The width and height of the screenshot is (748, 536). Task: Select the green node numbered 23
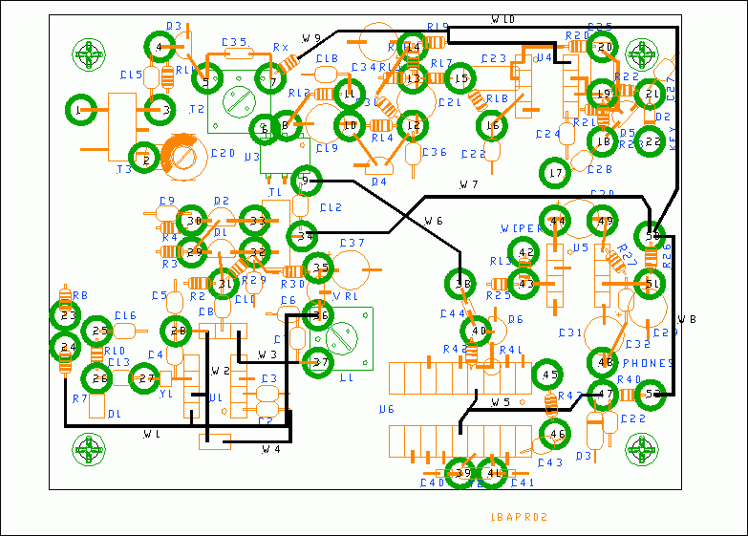66,315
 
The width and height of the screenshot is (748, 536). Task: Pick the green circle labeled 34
305,234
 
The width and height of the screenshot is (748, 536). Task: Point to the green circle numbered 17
556,173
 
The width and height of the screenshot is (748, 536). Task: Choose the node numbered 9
306,179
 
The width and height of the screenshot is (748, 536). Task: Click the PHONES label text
649,363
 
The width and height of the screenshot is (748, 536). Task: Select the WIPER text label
521,228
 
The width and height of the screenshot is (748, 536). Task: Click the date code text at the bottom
518,517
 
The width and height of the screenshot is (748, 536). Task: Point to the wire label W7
468,183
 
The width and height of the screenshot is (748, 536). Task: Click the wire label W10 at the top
503,19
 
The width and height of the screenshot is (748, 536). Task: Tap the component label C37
353,243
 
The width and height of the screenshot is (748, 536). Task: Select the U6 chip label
386,409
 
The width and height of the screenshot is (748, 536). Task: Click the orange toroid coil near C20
182,156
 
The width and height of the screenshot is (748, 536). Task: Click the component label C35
234,42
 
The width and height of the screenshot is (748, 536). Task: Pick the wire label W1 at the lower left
151,435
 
